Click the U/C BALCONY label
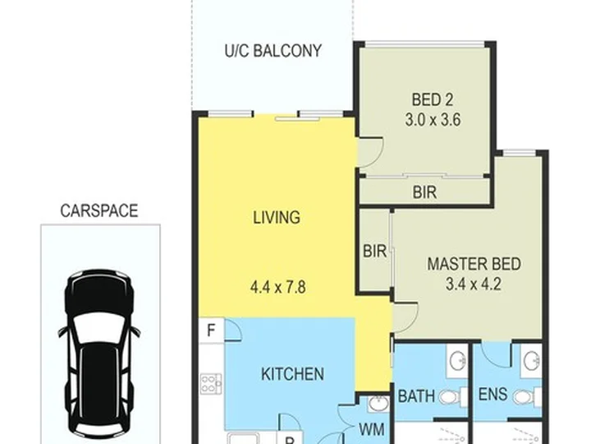click(x=273, y=51)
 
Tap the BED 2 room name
click(x=433, y=99)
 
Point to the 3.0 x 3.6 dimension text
click(x=433, y=120)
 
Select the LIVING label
click(x=277, y=217)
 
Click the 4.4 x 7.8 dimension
click(x=278, y=287)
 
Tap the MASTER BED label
click(x=474, y=264)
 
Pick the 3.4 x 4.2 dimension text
click(x=474, y=284)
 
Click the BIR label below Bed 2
click(x=425, y=192)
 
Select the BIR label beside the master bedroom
click(x=374, y=251)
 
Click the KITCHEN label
click(x=292, y=374)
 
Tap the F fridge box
click(x=212, y=331)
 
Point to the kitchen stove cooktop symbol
click(x=211, y=383)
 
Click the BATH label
click(x=416, y=396)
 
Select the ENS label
click(x=492, y=395)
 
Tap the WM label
click(x=371, y=430)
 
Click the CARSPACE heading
click(x=99, y=210)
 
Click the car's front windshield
click(x=98, y=328)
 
